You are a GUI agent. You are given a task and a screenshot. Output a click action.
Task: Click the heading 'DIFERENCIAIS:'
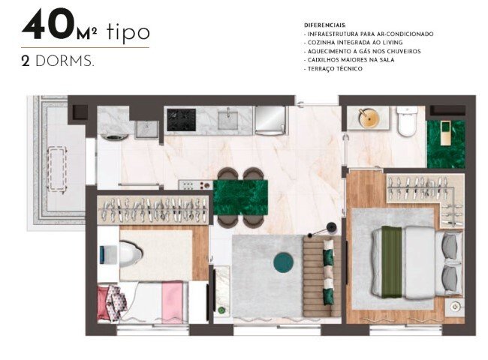pyautogui.click(x=325, y=26)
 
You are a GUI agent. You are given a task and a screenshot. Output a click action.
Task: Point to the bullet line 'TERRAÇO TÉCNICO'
pyautogui.click(x=335, y=68)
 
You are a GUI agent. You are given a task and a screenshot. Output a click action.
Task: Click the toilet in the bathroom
pyautogui.click(x=407, y=123)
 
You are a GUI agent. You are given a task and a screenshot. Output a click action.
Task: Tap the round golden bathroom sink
pyautogui.click(x=368, y=118)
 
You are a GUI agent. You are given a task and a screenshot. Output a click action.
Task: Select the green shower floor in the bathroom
pyautogui.click(x=445, y=143)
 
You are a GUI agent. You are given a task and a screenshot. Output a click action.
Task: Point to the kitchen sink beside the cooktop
pyautogui.click(x=229, y=119)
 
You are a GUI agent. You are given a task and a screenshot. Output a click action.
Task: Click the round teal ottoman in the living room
pyautogui.click(x=283, y=262)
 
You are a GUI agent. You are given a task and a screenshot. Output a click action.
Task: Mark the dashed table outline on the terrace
pyautogui.click(x=56, y=169)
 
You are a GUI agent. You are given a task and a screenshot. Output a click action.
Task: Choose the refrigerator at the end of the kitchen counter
pyautogui.click(x=270, y=119)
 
